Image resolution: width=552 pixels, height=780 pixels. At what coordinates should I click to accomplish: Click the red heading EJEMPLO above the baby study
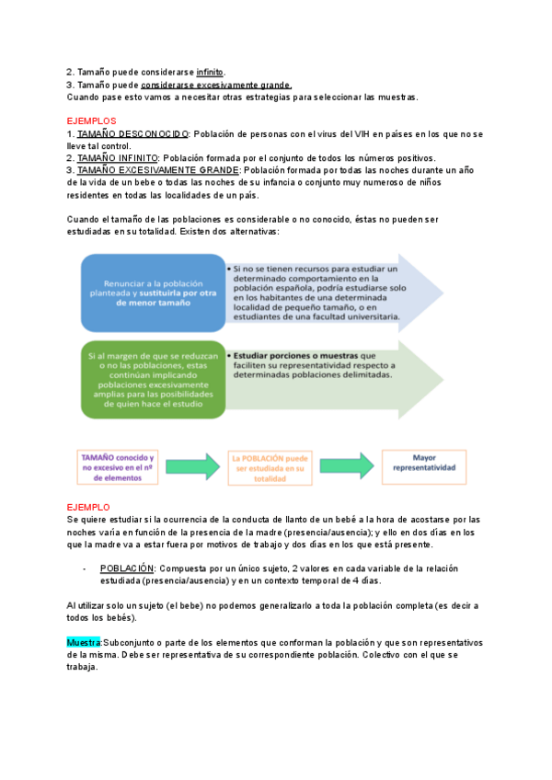click(88, 507)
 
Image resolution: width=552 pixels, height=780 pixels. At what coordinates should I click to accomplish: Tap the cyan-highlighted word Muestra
click(84, 642)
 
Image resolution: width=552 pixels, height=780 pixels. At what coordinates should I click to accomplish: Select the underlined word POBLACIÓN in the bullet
click(126, 568)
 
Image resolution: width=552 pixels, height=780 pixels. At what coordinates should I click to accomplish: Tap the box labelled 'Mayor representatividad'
click(424, 467)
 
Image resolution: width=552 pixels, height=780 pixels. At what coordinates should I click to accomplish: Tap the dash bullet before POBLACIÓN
click(84, 568)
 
